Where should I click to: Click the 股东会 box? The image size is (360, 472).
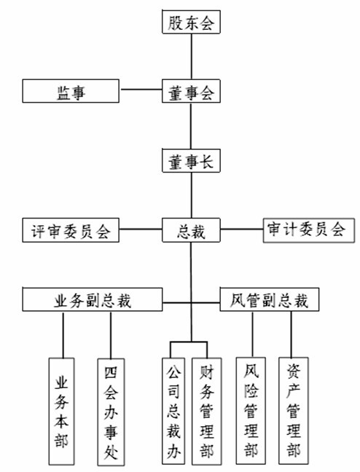coord(191,22)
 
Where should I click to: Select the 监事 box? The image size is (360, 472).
coord(71,91)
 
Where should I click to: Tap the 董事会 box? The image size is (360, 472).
coord(191,91)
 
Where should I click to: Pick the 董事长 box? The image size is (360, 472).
coord(191,161)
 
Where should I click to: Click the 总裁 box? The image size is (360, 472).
coord(191,230)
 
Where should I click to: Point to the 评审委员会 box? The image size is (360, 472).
coord(71,230)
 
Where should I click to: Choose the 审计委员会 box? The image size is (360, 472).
coord(309,231)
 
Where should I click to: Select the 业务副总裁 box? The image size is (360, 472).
coord(93,299)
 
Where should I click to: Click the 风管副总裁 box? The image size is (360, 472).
coord(270,299)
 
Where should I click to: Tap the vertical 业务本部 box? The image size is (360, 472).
coord(62,412)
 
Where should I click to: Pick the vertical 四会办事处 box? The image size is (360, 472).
coord(111,412)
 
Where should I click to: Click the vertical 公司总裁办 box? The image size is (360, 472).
coord(173,412)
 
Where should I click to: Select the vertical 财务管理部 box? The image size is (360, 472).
coord(207,412)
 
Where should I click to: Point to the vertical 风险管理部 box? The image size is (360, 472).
coord(251,411)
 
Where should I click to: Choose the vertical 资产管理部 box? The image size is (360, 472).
coord(294,411)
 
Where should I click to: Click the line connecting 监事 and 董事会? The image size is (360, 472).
coord(141,90)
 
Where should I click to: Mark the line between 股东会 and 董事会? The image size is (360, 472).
coord(192,57)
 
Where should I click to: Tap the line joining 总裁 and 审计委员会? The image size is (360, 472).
coord(242,229)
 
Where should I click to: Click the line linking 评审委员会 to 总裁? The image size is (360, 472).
coord(141,229)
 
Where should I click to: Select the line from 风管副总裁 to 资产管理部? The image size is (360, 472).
coord(291,334)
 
